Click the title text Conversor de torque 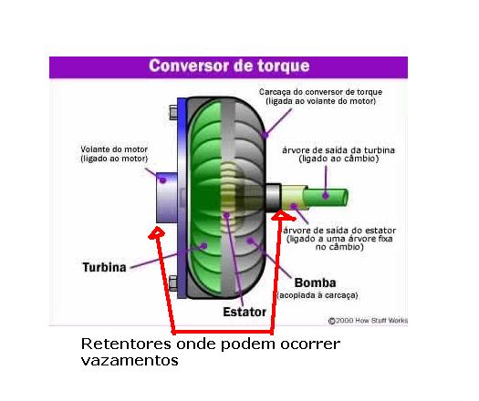(x=229, y=66)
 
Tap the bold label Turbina (x=105, y=267)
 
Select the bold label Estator (x=245, y=312)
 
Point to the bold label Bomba (x=315, y=283)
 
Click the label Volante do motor (x=114, y=149)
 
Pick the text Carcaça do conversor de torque (x=320, y=92)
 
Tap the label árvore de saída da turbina (x=338, y=150)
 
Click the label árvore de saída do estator (x=339, y=230)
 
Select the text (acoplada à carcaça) (x=318, y=295)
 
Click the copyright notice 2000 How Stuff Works (x=368, y=321)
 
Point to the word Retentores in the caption (x=126, y=344)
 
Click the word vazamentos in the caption (x=130, y=361)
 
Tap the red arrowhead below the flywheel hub (x=157, y=232)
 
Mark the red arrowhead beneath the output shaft (x=283, y=215)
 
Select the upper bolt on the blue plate (x=173, y=112)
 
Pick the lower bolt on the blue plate (x=173, y=283)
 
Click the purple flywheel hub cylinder (x=167, y=198)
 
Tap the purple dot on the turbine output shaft (x=326, y=195)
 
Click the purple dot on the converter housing (x=266, y=134)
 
